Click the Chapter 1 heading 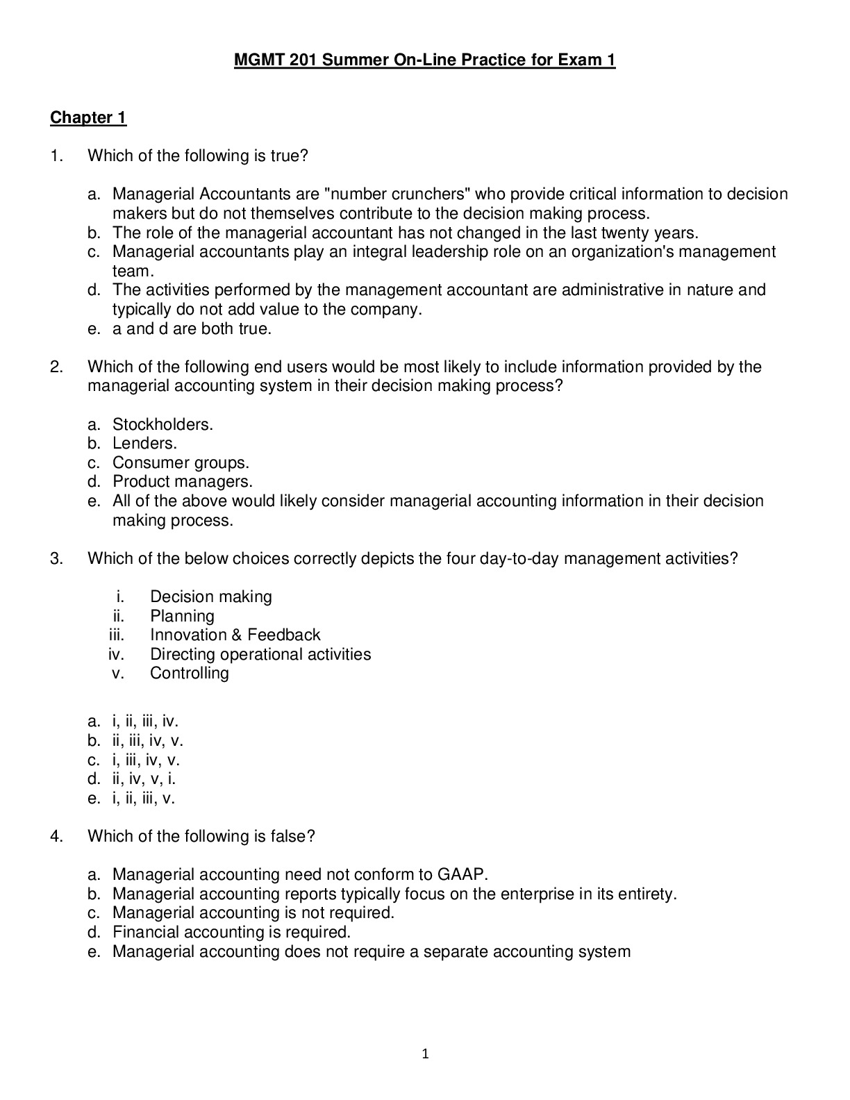point(88,117)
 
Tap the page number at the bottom point(425,1054)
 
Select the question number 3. point(56,558)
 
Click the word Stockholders point(162,424)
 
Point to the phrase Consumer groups point(181,462)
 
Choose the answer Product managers point(183,481)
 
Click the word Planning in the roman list point(182,616)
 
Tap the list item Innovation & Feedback point(235,635)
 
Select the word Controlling point(189,673)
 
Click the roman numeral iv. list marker point(116,654)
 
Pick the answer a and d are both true point(192,328)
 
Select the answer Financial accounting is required point(231,932)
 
